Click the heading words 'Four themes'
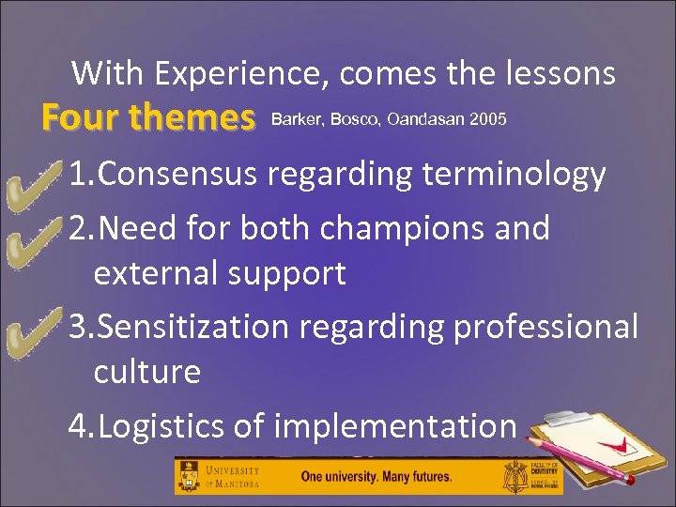coord(148,119)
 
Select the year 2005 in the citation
coord(488,119)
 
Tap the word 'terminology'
coord(511,174)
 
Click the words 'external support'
coord(220,273)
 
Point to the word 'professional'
coord(545,326)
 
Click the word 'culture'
coord(147,372)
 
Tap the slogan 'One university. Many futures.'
coord(376,476)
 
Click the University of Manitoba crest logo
coord(189,476)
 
